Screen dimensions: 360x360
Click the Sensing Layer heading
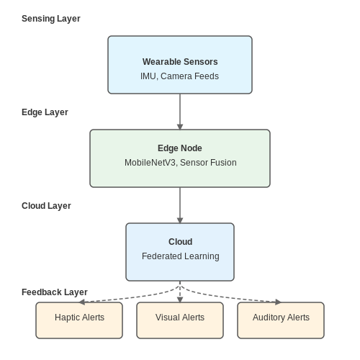tap(51, 19)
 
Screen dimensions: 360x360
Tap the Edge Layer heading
tap(45, 112)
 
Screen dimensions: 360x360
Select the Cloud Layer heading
tap(46, 206)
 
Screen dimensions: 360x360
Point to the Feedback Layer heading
tap(55, 292)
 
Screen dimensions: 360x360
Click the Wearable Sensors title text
tap(180, 62)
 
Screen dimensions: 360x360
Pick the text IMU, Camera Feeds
tap(179, 76)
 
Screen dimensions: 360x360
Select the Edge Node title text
tap(180, 148)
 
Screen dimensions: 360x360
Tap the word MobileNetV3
tap(150, 163)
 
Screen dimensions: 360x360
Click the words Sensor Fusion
tap(208, 163)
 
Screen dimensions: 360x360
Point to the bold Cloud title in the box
tap(180, 242)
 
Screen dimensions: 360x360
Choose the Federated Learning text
tap(181, 256)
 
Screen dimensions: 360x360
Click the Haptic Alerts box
tap(79, 320)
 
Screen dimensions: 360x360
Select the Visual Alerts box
tap(180, 320)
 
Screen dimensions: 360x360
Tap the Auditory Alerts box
tap(281, 320)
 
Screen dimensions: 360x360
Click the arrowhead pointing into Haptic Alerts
tap(82, 302)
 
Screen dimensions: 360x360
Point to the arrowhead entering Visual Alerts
tap(180, 300)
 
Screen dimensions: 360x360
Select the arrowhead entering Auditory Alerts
tap(278, 302)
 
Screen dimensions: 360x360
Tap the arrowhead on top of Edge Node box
tap(180, 127)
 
